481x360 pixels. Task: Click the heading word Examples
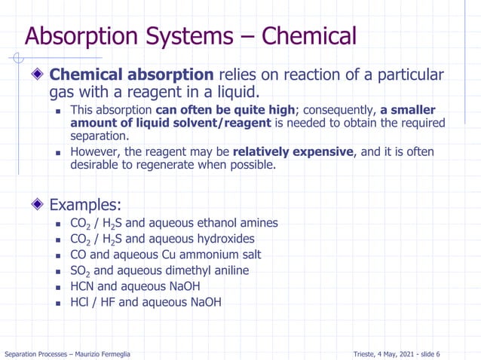[84, 204]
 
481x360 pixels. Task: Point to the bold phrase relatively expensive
[293, 151]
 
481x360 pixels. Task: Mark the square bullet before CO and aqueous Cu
[60, 255]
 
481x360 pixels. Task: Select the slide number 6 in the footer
[438, 354]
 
